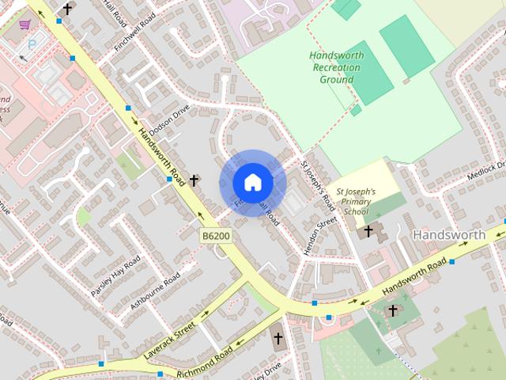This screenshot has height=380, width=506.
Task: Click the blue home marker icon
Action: pos(253,182)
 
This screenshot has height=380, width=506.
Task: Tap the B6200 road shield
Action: pos(215,236)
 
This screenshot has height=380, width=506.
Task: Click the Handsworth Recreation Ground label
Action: pos(335,67)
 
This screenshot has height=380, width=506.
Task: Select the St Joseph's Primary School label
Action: pos(357,202)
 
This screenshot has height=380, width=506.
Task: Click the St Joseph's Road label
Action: pos(318,184)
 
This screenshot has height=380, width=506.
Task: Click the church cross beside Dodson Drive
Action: pos(194,180)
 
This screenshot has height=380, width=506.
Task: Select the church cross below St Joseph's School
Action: pos(368,231)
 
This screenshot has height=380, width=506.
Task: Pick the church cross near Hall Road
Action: pos(67,9)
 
